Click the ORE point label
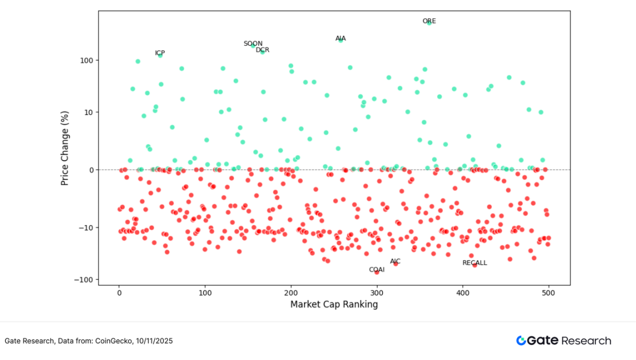click(429, 21)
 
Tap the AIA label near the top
click(341, 39)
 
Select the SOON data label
click(253, 44)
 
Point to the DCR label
click(262, 50)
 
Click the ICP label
click(160, 53)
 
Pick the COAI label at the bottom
click(377, 269)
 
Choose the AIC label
click(395, 261)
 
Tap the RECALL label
click(475, 263)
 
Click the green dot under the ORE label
click(429, 24)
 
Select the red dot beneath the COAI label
click(377, 272)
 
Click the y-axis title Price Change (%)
click(65, 147)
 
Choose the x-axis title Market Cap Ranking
click(334, 304)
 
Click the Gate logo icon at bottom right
click(521, 341)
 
